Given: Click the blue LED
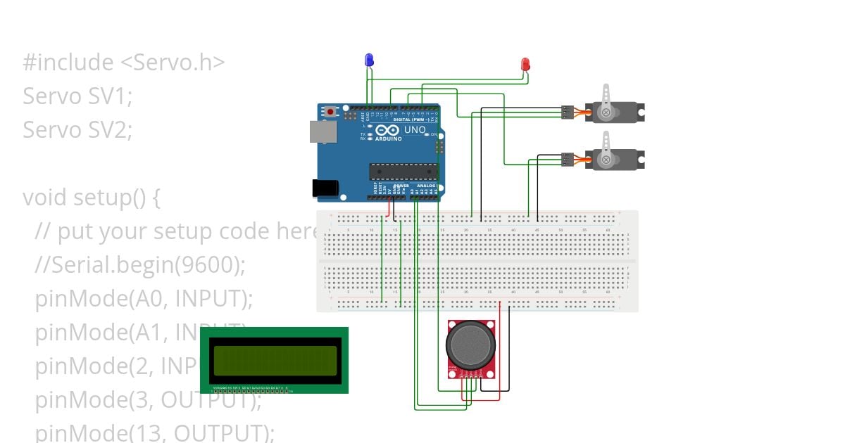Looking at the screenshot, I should pyautogui.click(x=368, y=60).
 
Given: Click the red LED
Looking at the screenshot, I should pyautogui.click(x=525, y=65).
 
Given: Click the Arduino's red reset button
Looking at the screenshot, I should pyautogui.click(x=331, y=111).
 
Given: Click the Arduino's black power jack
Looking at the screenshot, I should pyautogui.click(x=325, y=187).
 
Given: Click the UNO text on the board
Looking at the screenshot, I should pyautogui.click(x=415, y=130).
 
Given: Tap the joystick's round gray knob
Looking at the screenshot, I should pyautogui.click(x=470, y=344).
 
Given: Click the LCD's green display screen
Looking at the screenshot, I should pyautogui.click(x=275, y=360).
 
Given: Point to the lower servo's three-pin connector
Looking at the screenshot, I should pyautogui.click(x=568, y=160).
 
